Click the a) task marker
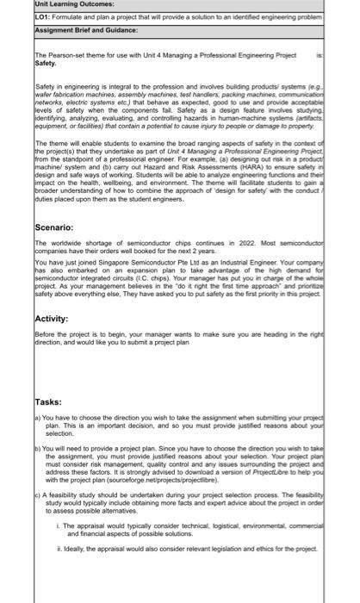coord(38,416)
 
